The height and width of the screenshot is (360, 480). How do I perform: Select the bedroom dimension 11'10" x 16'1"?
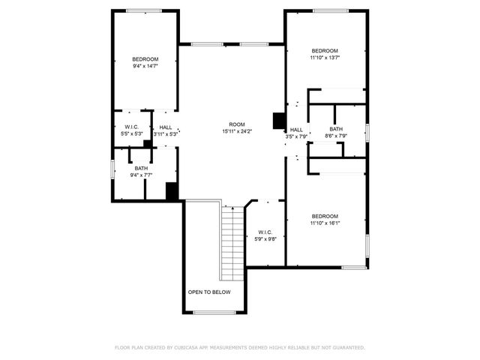pyautogui.click(x=325, y=223)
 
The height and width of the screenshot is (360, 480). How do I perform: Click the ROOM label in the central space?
pyautogui.click(x=237, y=124)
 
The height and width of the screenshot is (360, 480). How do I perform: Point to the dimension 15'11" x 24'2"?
pyautogui.click(x=237, y=131)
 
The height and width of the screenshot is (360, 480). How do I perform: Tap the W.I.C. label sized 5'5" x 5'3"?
pyautogui.click(x=132, y=127)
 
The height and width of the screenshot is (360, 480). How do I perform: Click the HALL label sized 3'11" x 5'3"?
pyautogui.click(x=165, y=127)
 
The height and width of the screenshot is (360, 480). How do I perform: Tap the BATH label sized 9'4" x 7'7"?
pyautogui.click(x=141, y=168)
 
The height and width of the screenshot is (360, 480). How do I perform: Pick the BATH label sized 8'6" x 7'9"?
pyautogui.click(x=335, y=129)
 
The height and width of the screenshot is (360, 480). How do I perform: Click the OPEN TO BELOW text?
pyautogui.click(x=209, y=292)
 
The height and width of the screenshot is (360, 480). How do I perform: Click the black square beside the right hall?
pyautogui.click(x=279, y=120)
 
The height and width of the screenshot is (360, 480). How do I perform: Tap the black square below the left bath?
pyautogui.click(x=172, y=191)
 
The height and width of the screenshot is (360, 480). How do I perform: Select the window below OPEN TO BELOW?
pyautogui.click(x=211, y=312)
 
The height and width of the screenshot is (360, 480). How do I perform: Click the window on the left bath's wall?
pyautogui.click(x=112, y=169)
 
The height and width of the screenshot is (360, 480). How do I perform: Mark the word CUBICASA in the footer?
pyautogui.click(x=187, y=347)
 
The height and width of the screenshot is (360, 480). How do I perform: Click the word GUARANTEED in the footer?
pyautogui.click(x=346, y=347)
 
